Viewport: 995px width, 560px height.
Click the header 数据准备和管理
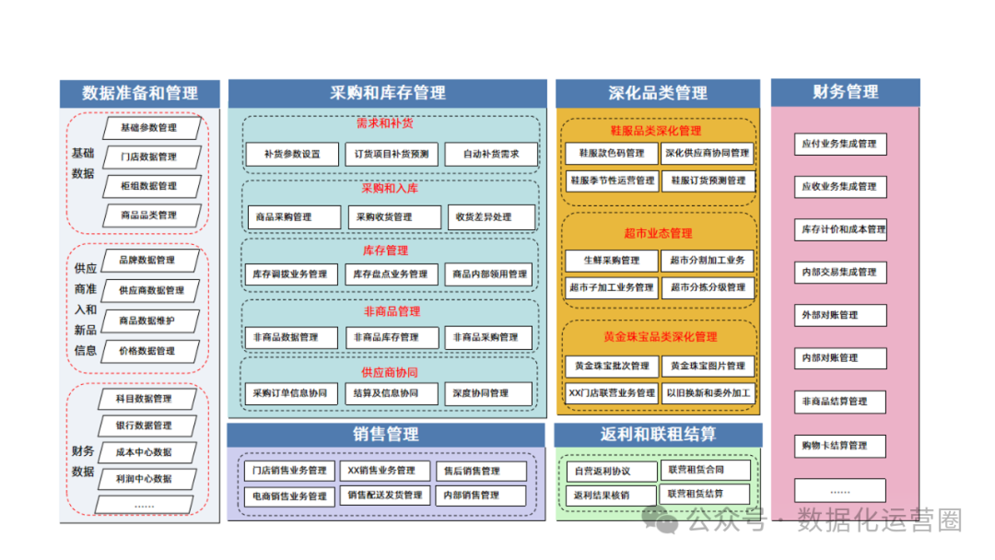[140, 93]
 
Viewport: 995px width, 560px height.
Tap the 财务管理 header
[845, 92]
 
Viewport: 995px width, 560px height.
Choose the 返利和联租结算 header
[658, 434]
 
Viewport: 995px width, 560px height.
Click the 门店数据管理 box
[148, 157]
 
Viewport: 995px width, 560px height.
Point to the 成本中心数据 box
[144, 452]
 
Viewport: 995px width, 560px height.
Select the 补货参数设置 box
[292, 154]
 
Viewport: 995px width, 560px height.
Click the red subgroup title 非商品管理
[392, 311]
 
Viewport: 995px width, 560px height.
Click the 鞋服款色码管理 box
[612, 153]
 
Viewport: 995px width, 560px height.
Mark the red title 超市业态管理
[657, 233]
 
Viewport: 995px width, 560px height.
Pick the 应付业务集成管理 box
[839, 144]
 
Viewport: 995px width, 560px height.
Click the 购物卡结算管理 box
[839, 446]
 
